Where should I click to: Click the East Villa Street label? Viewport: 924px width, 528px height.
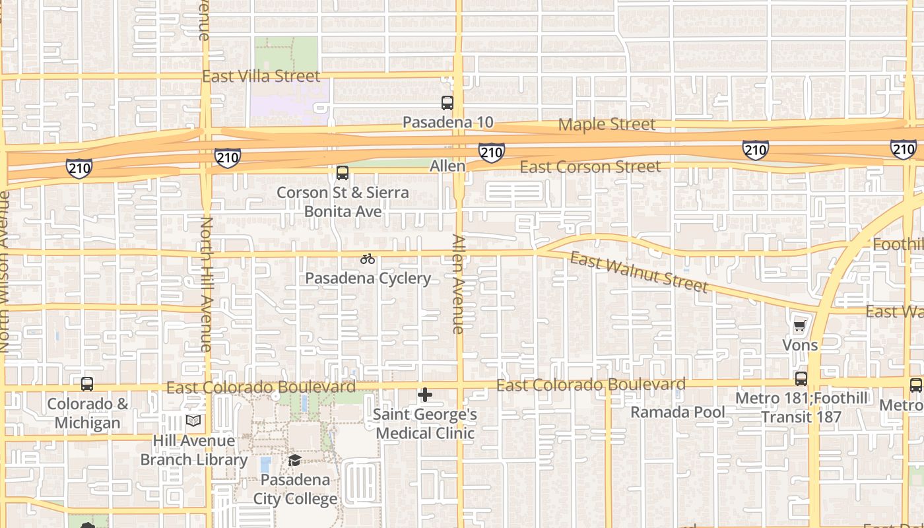pyautogui.click(x=261, y=77)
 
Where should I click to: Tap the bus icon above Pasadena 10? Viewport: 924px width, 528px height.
pyautogui.click(x=447, y=103)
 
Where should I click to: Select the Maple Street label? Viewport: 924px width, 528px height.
pyautogui.click(x=607, y=124)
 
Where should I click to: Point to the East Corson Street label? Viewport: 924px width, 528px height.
pyautogui.click(x=590, y=167)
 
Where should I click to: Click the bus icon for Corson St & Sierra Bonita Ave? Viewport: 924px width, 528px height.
pyautogui.click(x=342, y=173)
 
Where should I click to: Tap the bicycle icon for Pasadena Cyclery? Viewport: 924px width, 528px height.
pyautogui.click(x=368, y=259)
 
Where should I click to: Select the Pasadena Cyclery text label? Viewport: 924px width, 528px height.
pyautogui.click(x=368, y=279)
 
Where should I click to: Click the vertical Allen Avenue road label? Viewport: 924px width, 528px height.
pyautogui.click(x=458, y=283)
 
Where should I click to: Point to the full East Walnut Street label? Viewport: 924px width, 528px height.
pyautogui.click(x=639, y=271)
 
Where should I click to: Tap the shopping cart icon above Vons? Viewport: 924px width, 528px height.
pyautogui.click(x=800, y=325)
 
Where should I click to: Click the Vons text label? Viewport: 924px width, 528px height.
pyautogui.click(x=800, y=345)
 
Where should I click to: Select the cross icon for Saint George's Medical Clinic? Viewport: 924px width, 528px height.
pyautogui.click(x=425, y=395)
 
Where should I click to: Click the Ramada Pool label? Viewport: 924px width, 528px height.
pyautogui.click(x=678, y=412)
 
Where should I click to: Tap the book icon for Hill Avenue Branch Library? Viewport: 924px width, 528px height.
pyautogui.click(x=193, y=421)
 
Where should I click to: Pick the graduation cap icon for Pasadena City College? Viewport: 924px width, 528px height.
pyautogui.click(x=294, y=460)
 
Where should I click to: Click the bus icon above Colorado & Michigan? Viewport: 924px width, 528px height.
pyautogui.click(x=87, y=384)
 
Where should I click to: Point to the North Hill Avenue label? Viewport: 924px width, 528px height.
pyautogui.click(x=206, y=284)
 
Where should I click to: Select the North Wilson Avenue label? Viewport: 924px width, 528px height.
pyautogui.click(x=3, y=271)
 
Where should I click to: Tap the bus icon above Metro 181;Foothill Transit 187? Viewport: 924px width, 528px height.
pyautogui.click(x=801, y=379)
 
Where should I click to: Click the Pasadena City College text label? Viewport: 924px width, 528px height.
pyautogui.click(x=295, y=489)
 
